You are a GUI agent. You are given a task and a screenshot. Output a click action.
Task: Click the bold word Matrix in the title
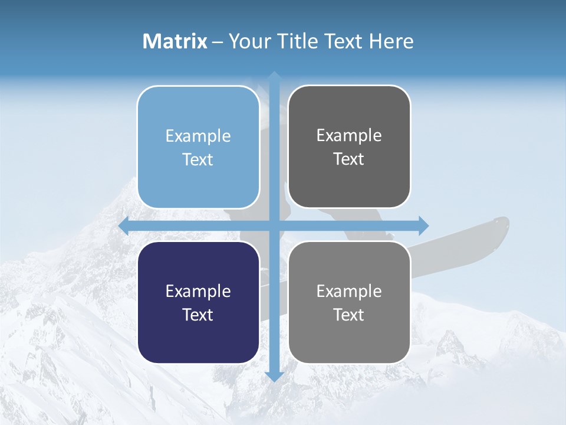click(175, 41)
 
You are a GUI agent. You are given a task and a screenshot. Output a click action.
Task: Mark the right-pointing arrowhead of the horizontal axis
click(423, 225)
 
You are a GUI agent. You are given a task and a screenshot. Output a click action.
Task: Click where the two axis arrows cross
click(274, 225)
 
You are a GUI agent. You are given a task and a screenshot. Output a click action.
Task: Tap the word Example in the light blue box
click(198, 136)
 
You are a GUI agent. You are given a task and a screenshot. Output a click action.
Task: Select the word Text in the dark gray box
click(349, 159)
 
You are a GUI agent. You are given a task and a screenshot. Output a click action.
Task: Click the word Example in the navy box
click(198, 291)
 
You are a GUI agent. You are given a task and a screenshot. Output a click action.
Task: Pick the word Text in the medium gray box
click(349, 315)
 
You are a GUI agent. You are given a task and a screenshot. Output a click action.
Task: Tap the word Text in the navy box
click(198, 315)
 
